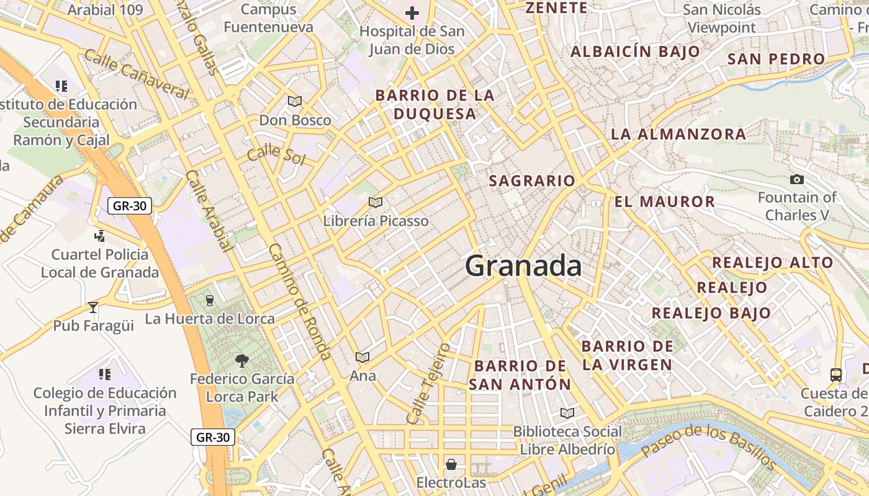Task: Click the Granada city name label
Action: (523, 266)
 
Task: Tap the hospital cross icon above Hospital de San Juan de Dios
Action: (412, 12)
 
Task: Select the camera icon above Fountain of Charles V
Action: (797, 180)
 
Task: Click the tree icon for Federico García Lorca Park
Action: (241, 360)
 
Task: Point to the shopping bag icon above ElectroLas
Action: (451, 464)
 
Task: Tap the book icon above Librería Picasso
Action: (375, 202)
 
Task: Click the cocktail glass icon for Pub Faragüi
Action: (93, 307)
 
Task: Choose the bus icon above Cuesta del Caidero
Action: (836, 374)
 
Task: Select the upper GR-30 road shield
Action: (130, 206)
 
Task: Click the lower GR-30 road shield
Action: (212, 437)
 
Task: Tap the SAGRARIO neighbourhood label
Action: (532, 181)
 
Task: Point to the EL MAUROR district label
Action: (665, 201)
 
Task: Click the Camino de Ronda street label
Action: (299, 301)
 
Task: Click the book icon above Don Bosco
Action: (295, 101)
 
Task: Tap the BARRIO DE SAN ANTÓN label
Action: (520, 375)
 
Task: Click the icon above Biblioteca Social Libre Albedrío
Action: (567, 413)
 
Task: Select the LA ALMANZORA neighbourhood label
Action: (678, 134)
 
